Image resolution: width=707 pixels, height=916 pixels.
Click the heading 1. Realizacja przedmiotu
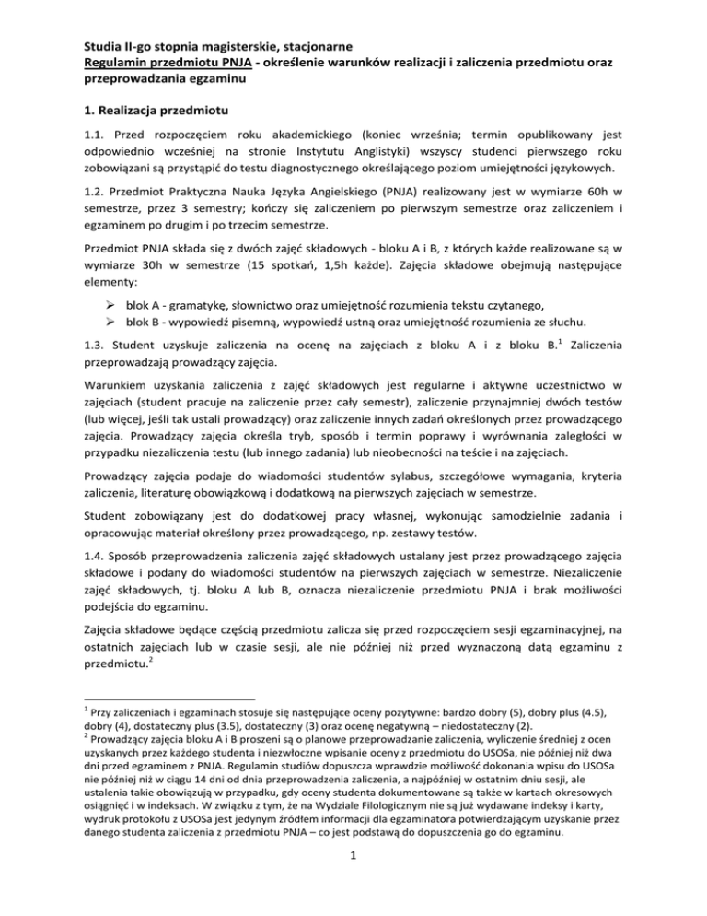click(x=160, y=110)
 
